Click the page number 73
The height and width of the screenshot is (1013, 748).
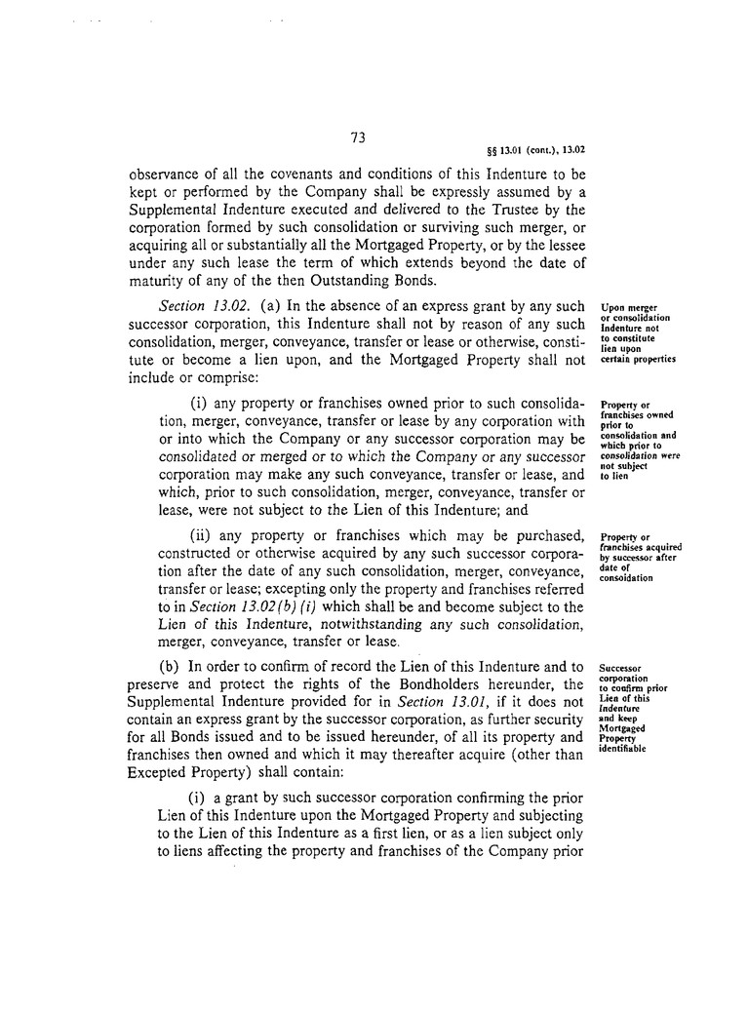point(357,138)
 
